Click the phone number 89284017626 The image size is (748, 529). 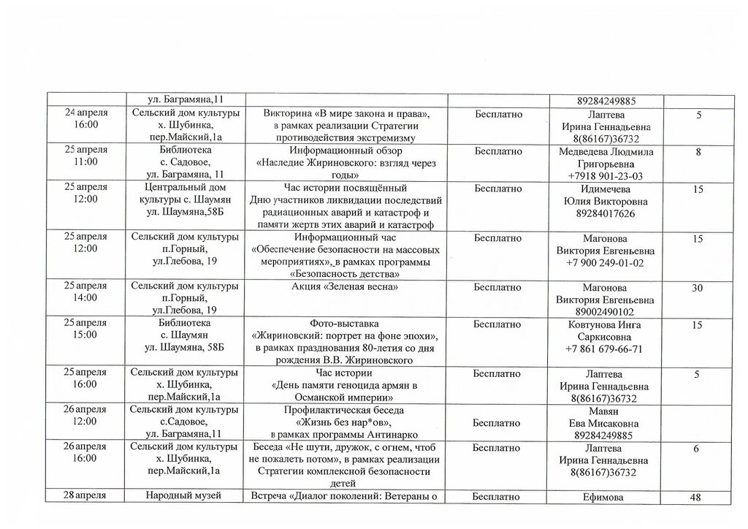click(604, 213)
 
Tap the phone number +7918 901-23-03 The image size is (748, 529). click(604, 176)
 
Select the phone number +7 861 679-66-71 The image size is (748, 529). click(604, 349)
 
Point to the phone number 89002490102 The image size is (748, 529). click(604, 311)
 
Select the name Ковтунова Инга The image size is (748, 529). click(604, 324)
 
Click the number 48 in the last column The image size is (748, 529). click(696, 498)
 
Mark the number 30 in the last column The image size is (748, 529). click(696, 288)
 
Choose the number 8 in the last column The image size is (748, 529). click(698, 152)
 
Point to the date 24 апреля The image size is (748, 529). click(86, 113)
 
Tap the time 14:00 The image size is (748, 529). click(86, 298)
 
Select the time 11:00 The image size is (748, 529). click(86, 161)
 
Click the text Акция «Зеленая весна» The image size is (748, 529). click(344, 286)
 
